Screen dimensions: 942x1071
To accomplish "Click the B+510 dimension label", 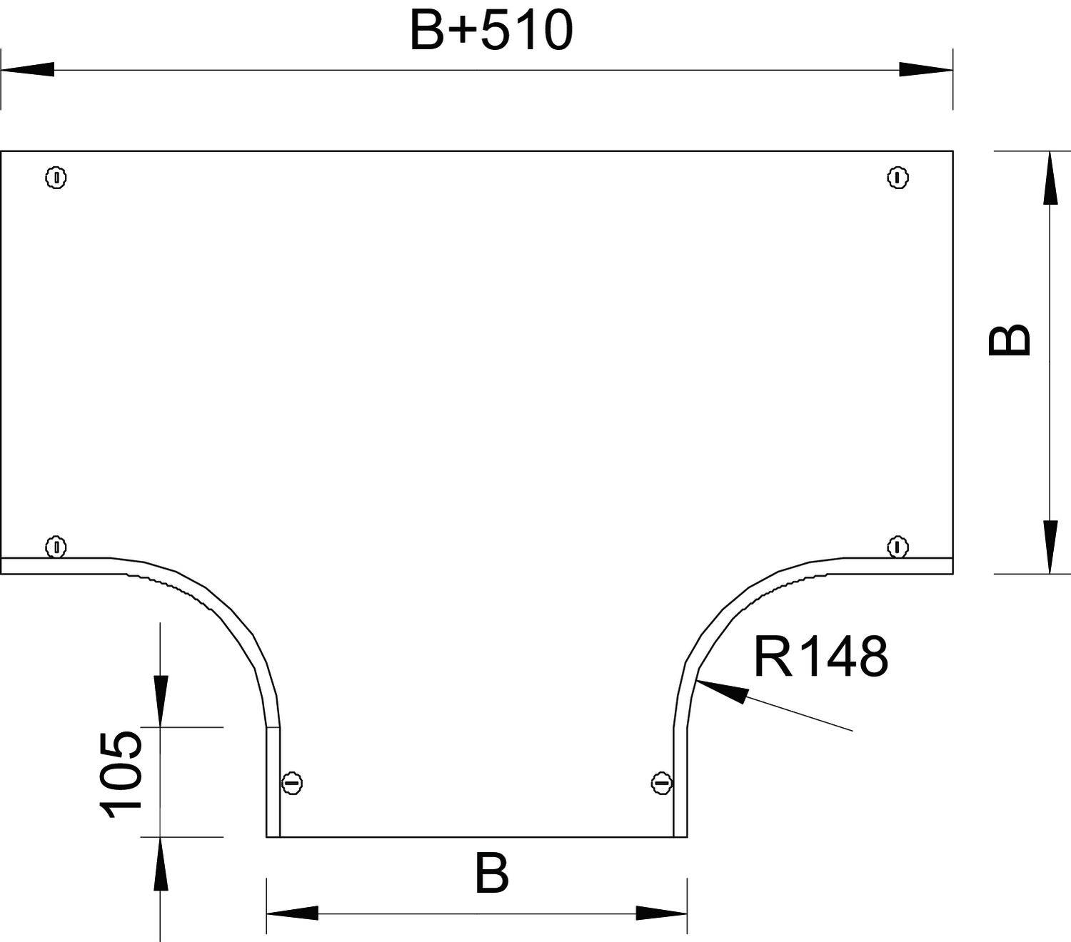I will click(x=491, y=31).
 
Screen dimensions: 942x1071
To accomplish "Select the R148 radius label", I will click(x=820, y=657).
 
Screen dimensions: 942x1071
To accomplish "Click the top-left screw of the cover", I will click(x=56, y=177).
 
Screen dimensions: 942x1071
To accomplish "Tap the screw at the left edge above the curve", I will click(x=56, y=547).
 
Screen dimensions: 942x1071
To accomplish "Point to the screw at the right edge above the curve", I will click(x=897, y=547).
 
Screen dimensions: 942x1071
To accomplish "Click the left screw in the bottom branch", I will click(x=291, y=783).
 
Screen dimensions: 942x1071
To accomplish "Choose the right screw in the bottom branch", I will click(x=662, y=783).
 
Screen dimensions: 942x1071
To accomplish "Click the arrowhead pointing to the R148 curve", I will click(x=721, y=691).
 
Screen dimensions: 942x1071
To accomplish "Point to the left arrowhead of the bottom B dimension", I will click(x=292, y=913).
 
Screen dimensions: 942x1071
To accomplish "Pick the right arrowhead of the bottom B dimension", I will click(x=661, y=913).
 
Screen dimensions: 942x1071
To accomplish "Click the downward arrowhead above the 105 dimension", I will click(x=161, y=701).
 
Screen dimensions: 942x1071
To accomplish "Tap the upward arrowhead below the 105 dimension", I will click(x=161, y=863).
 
